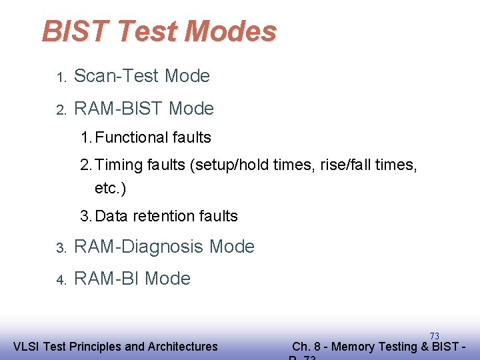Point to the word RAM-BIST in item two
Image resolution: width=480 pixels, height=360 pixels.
coord(119,108)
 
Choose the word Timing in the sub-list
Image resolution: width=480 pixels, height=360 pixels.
coord(119,165)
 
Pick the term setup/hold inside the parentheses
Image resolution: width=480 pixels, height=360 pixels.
coord(228,165)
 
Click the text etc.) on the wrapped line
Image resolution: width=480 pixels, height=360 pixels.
coord(110,189)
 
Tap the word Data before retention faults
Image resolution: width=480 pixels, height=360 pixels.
coord(113,216)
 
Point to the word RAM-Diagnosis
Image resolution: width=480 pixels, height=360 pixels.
coord(139,247)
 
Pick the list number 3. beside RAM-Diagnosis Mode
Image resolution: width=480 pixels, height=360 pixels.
coord(61,248)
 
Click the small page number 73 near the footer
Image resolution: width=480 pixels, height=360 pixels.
coord(434,336)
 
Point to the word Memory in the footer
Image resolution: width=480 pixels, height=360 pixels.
coord(353,347)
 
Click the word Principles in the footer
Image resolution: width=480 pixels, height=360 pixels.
coord(97,347)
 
